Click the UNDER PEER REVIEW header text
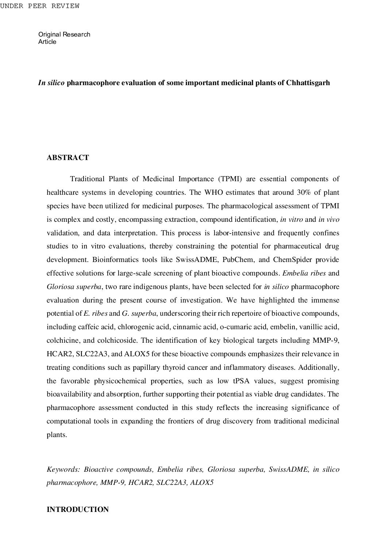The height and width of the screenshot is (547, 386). (x=39, y=6)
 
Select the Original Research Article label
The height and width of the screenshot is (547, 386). (x=64, y=38)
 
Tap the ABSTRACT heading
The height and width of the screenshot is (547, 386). (x=68, y=158)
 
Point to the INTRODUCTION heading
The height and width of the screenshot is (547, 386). (x=77, y=509)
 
